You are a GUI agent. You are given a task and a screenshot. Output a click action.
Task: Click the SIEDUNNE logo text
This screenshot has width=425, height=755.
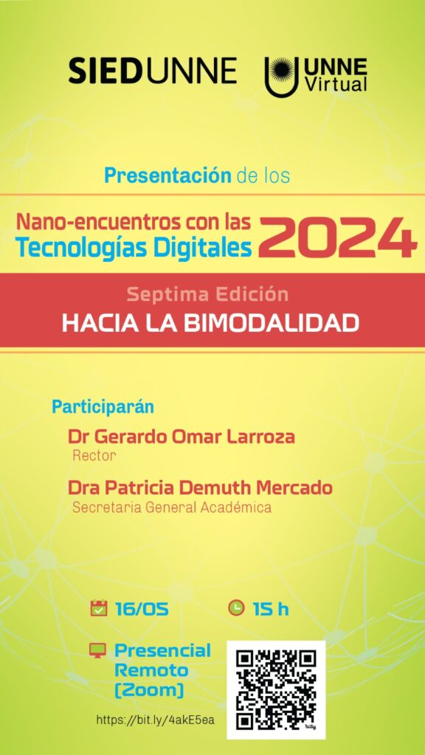[x=152, y=70]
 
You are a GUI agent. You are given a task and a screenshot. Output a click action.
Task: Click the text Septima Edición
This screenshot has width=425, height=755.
[x=207, y=293]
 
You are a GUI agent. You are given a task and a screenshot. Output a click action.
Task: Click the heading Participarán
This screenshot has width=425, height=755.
[x=103, y=407]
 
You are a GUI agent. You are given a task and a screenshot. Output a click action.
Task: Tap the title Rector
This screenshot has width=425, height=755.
[x=94, y=456]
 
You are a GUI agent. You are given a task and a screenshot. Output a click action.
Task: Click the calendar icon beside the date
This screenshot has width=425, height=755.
[x=98, y=608]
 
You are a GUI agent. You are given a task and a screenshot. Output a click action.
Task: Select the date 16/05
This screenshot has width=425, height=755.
[x=142, y=609]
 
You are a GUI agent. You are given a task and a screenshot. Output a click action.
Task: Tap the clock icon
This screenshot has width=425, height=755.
[x=236, y=608]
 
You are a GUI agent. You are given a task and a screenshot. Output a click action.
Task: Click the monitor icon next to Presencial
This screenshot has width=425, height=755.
[x=98, y=650]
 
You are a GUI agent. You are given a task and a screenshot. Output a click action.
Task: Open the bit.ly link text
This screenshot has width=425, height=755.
[x=156, y=720]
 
